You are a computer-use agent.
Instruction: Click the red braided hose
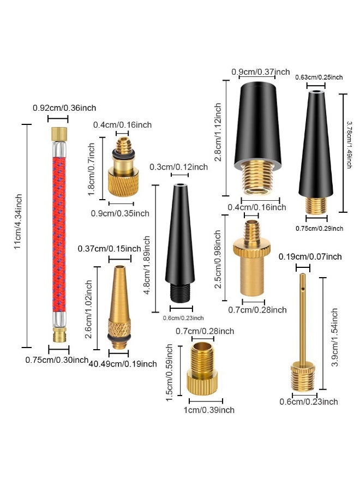[59, 234]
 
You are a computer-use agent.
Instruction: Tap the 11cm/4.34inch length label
[18, 221]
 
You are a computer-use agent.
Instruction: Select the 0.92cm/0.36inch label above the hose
[64, 108]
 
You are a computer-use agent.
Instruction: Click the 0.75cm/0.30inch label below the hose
[57, 360]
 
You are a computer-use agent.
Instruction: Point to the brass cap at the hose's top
[59, 134]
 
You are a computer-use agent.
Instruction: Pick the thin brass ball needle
[303, 332]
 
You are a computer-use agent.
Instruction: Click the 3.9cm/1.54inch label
[335, 337]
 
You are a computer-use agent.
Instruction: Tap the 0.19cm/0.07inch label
[310, 257]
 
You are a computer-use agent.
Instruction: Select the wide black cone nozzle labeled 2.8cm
[257, 138]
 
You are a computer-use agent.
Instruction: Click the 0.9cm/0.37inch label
[261, 72]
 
